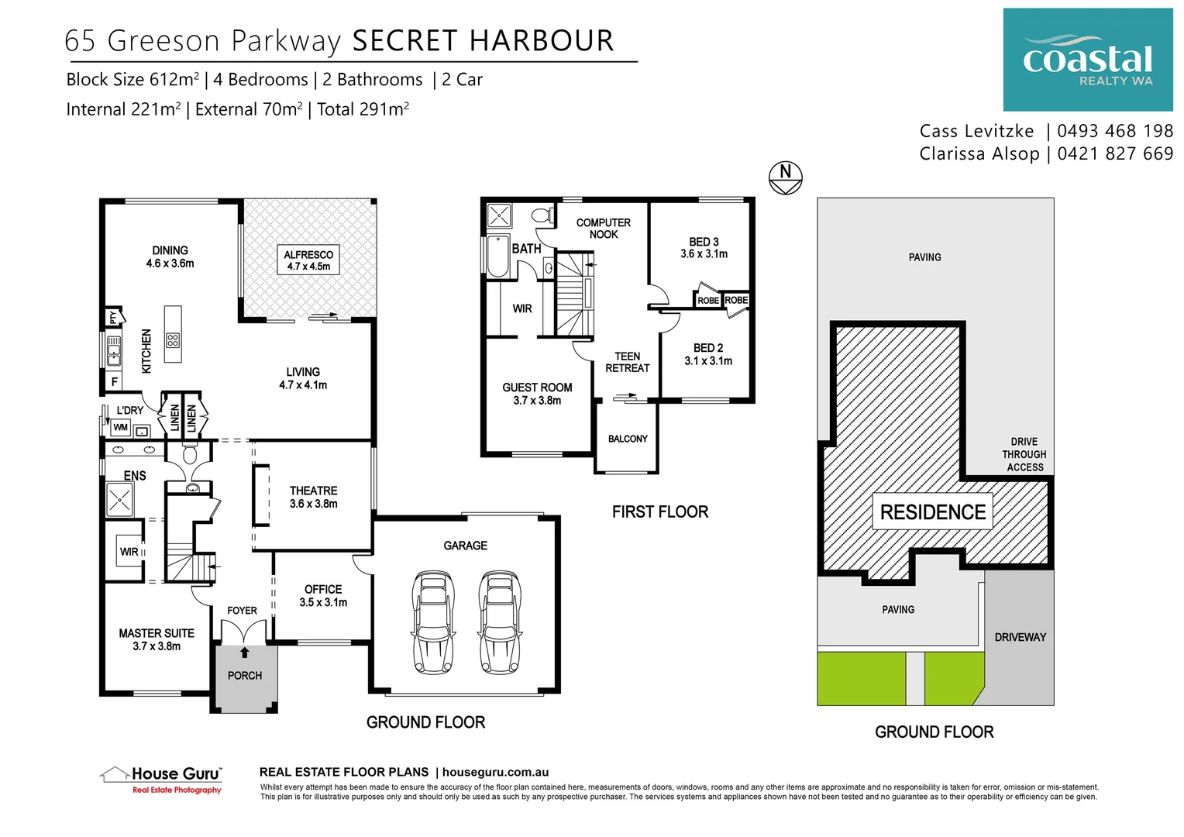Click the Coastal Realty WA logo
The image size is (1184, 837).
point(1087,60)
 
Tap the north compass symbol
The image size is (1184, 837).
point(785,177)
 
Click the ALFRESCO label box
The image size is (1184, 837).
point(308,260)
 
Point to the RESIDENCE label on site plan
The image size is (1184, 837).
point(932,512)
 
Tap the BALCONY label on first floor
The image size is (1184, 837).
point(627,439)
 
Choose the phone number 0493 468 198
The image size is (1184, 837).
point(1114,131)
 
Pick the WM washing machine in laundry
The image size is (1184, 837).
point(120,427)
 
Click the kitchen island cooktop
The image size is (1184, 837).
point(173,340)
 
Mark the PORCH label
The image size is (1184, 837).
point(245,676)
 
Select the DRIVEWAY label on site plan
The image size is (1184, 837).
point(1020,637)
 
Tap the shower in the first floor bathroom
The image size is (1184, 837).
point(498,215)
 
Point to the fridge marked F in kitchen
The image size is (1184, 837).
point(115,382)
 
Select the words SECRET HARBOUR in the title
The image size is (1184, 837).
point(483,40)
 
